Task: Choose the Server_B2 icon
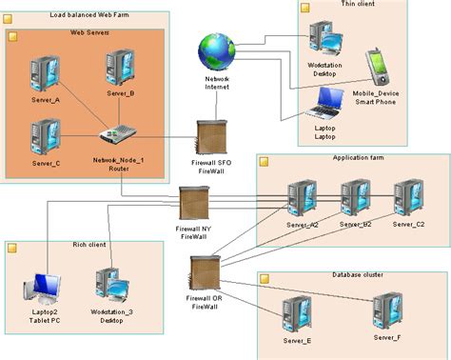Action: [355, 197]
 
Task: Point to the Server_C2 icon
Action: [408, 197]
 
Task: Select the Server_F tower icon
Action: [386, 309]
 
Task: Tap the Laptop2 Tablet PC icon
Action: [47, 288]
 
